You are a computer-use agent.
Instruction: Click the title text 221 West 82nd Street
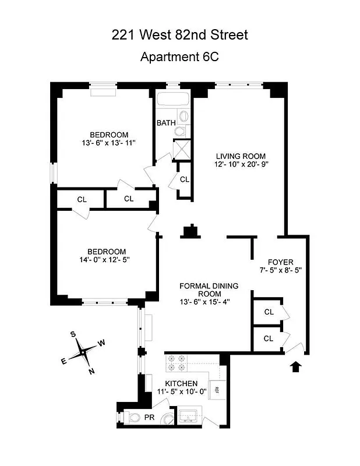click(179, 35)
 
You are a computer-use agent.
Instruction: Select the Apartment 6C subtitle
click(179, 57)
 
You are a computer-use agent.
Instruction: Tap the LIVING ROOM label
click(241, 156)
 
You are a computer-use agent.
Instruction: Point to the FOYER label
click(280, 262)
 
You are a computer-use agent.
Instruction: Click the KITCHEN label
click(181, 383)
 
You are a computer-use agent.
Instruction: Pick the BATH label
click(166, 123)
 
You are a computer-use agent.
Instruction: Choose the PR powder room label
click(150, 417)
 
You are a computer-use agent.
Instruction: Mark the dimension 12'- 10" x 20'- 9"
click(241, 164)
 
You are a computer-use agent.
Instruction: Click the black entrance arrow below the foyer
click(297, 366)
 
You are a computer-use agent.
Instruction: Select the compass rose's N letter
click(91, 371)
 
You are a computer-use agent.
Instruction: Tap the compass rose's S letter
click(73, 334)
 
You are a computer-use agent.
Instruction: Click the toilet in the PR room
click(134, 417)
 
